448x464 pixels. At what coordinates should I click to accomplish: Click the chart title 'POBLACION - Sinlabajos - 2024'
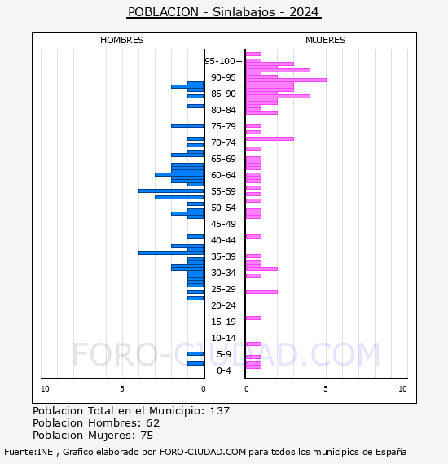pyautogui.click(x=224, y=12)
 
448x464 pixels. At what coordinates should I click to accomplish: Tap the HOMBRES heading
pyautogui.click(x=121, y=40)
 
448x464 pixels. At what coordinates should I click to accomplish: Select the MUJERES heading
pyautogui.click(x=326, y=40)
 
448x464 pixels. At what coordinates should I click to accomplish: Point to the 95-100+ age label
pyautogui.click(x=223, y=61)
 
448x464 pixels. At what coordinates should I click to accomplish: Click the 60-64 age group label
pyautogui.click(x=223, y=175)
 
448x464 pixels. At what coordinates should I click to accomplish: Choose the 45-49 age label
pyautogui.click(x=223, y=224)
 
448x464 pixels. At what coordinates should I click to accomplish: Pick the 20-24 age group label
pyautogui.click(x=223, y=305)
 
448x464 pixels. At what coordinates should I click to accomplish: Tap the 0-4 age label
pyautogui.click(x=223, y=370)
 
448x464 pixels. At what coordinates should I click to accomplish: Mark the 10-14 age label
pyautogui.click(x=223, y=338)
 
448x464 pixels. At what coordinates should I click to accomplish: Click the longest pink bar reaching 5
pyautogui.click(x=286, y=81)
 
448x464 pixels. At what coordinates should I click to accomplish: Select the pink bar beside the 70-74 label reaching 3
pyautogui.click(x=270, y=138)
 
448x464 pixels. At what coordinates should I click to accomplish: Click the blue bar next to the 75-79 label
pyautogui.click(x=187, y=125)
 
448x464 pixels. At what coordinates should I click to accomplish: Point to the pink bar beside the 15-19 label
pyautogui.click(x=253, y=317)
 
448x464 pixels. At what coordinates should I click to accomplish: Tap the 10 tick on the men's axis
pyautogui.click(x=45, y=389)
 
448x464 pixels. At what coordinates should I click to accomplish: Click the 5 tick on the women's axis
pyautogui.click(x=326, y=389)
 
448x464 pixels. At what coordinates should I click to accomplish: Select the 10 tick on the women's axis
pyautogui.click(x=402, y=389)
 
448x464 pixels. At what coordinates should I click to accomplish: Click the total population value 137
pyautogui.click(x=219, y=411)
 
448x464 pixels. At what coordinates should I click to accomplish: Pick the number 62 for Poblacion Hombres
pyautogui.click(x=153, y=423)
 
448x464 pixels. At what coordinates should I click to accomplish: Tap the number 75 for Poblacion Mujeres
pyautogui.click(x=147, y=436)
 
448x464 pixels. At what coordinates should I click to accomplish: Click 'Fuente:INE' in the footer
pyautogui.click(x=29, y=452)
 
